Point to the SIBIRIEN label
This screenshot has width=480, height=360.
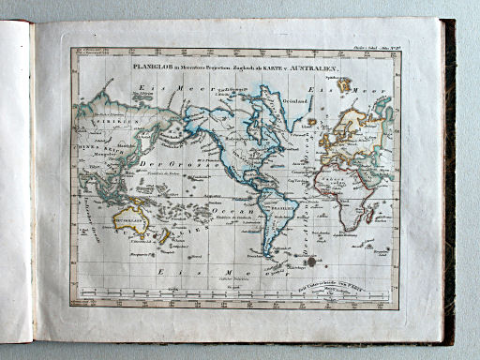pyautogui.click(x=96, y=122)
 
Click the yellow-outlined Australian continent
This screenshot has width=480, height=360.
pyautogui.click(x=131, y=220)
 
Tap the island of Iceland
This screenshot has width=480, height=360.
pyautogui.click(x=311, y=121)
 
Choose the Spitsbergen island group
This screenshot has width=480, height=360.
pyautogui.click(x=344, y=83)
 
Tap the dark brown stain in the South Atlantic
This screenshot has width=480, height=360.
pyautogui.click(x=313, y=263)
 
